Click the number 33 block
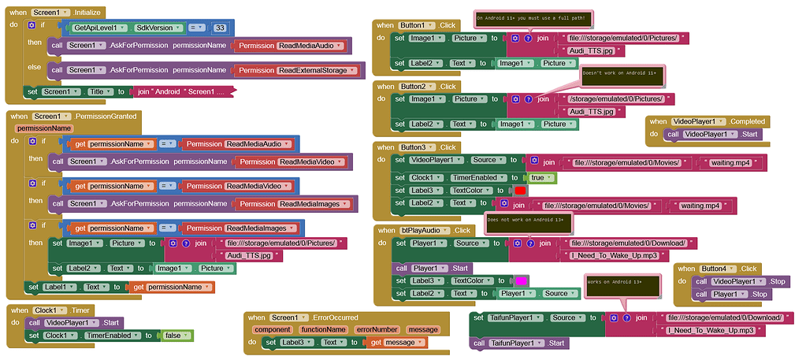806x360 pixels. coord(220,28)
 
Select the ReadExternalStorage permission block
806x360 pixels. coord(313,70)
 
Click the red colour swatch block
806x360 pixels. coord(520,191)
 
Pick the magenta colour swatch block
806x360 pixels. coord(520,280)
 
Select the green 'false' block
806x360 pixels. coord(174,336)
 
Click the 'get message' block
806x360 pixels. coord(397,343)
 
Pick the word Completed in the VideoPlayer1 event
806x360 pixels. coord(746,121)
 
